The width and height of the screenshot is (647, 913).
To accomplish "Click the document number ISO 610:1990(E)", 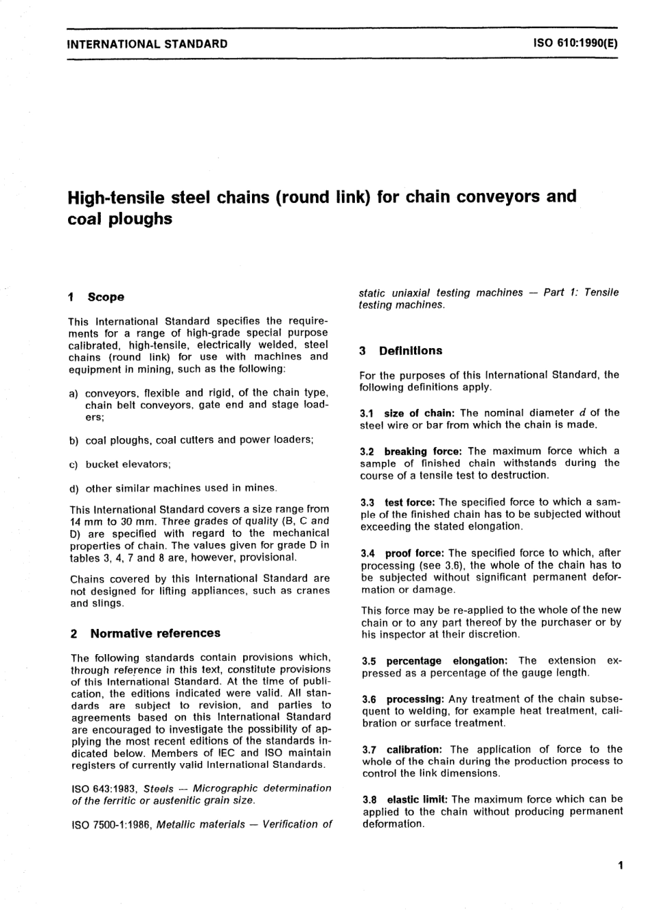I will pyautogui.click(x=575, y=44).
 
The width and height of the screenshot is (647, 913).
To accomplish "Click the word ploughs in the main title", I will pyautogui.click(x=140, y=220).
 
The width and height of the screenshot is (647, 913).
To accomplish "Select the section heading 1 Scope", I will pyautogui.click(x=97, y=297).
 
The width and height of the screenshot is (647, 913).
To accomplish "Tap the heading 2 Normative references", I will pyautogui.click(x=146, y=634).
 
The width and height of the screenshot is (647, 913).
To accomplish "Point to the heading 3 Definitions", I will pyautogui.click(x=401, y=351).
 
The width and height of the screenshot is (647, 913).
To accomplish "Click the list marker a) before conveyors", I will pyautogui.click(x=74, y=393).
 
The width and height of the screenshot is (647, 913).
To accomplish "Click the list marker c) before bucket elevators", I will pyautogui.click(x=74, y=465).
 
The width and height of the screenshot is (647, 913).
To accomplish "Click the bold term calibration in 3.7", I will pyautogui.click(x=414, y=749).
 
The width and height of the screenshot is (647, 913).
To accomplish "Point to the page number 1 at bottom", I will pyautogui.click(x=620, y=866).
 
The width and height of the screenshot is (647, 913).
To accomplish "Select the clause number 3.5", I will pyautogui.click(x=368, y=661).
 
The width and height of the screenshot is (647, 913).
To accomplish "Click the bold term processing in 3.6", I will pyautogui.click(x=415, y=699).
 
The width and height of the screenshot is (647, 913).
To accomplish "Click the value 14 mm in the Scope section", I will pyautogui.click(x=84, y=521).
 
